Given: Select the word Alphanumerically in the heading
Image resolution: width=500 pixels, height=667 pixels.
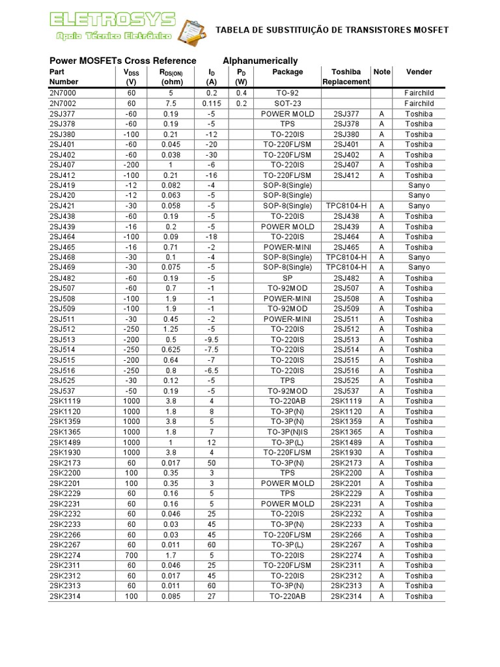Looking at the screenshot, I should click(x=260, y=61).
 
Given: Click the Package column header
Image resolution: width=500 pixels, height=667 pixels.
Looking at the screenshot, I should click(x=287, y=72).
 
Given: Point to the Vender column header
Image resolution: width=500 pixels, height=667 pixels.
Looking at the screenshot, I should click(x=419, y=72).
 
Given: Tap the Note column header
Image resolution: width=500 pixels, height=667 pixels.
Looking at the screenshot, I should click(x=382, y=72).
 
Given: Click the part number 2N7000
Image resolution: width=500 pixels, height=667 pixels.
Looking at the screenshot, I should click(x=63, y=93).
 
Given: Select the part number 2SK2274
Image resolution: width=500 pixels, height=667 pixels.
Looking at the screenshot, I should click(x=65, y=555).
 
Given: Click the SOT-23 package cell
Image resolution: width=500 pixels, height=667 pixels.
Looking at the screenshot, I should click(x=287, y=104).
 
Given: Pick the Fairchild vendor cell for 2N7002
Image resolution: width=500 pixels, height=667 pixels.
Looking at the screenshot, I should click(x=419, y=104).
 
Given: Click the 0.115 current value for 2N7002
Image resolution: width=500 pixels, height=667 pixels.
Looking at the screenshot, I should click(x=212, y=104).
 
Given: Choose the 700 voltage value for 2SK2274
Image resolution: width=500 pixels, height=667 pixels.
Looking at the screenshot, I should click(x=132, y=555).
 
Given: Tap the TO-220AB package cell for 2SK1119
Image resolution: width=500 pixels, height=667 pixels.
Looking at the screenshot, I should click(x=287, y=401).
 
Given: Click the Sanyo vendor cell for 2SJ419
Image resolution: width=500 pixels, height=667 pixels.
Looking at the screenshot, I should click(x=419, y=186).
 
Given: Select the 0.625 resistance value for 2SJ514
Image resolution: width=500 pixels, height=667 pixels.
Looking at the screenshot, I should click(x=171, y=350).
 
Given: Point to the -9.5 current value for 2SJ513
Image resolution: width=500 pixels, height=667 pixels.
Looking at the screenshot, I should click(x=212, y=339).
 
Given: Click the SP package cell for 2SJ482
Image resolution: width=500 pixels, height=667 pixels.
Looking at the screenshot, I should click(x=287, y=278).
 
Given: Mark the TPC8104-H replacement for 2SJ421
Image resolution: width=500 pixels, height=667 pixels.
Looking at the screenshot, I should click(x=346, y=206).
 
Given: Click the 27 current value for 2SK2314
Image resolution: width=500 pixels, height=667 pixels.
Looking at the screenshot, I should click(x=212, y=596).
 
